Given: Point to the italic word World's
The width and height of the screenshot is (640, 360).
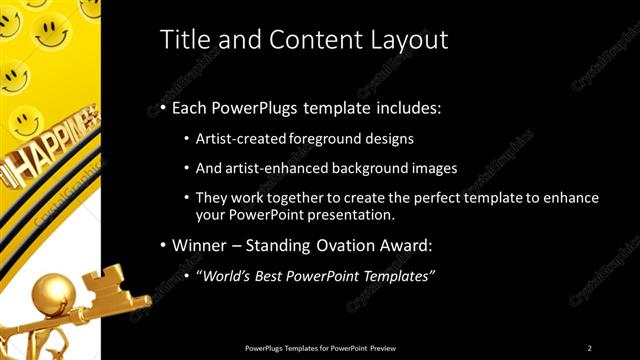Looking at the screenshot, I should click(x=225, y=275).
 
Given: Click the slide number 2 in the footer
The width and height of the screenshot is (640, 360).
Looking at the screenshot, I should click(x=590, y=347).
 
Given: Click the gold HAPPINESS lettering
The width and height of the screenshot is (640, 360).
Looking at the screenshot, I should click(x=46, y=160).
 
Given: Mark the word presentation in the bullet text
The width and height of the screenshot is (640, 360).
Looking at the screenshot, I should click(x=356, y=215).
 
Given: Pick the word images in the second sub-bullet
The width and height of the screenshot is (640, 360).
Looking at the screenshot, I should click(x=436, y=167).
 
